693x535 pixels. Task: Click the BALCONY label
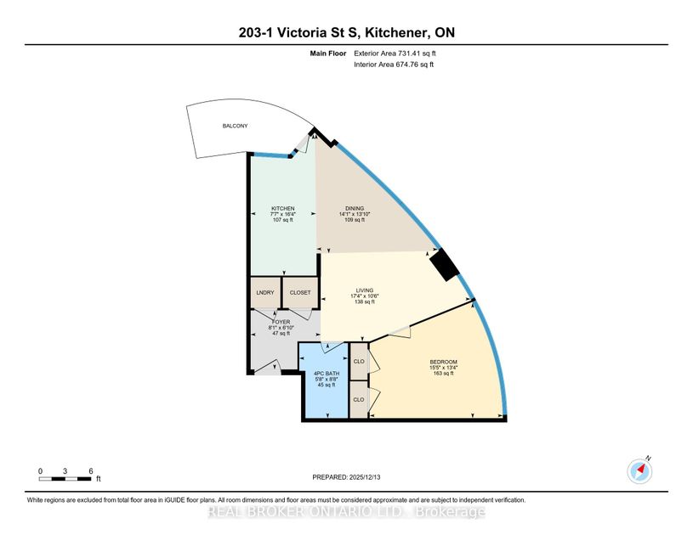236,126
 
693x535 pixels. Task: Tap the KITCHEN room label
283,208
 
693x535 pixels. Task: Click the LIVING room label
365,290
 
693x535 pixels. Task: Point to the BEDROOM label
443,362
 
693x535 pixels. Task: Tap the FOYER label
281,322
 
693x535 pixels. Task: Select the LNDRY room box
264,292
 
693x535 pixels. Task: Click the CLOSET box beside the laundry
300,292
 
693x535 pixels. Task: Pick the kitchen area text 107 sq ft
283,220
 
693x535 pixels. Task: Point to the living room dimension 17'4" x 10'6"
365,296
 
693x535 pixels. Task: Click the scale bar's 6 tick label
90,470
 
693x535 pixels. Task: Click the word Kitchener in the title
400,33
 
